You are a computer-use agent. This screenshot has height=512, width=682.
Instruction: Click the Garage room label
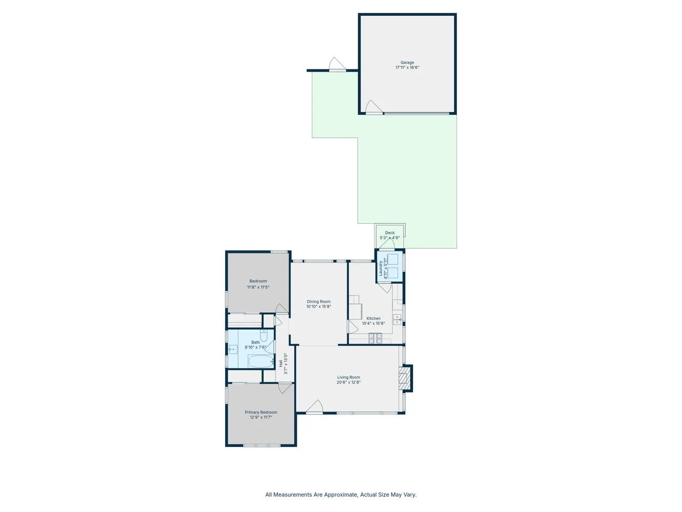point(407,62)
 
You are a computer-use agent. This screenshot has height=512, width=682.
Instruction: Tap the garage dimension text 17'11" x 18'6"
point(407,68)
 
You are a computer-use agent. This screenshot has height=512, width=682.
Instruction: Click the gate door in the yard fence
point(337,65)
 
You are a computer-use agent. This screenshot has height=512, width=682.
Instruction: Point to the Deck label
point(390,233)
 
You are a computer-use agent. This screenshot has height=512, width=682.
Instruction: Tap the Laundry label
point(381,268)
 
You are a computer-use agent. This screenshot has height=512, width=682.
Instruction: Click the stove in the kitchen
point(375,338)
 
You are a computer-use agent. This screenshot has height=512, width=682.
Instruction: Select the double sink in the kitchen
point(397,319)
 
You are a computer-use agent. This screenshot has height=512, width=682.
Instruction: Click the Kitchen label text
point(373,318)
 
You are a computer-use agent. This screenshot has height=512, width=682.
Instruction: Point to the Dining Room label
point(319,302)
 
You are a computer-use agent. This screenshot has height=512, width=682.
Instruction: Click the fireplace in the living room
point(405,378)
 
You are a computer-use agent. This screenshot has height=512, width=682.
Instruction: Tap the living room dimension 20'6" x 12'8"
point(348,382)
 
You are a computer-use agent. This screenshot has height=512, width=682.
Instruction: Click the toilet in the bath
point(264,335)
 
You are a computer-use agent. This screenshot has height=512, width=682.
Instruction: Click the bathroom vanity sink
point(233,350)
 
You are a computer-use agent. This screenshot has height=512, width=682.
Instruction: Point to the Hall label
point(281,363)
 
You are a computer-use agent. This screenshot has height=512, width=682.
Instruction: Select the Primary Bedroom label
point(261,412)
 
